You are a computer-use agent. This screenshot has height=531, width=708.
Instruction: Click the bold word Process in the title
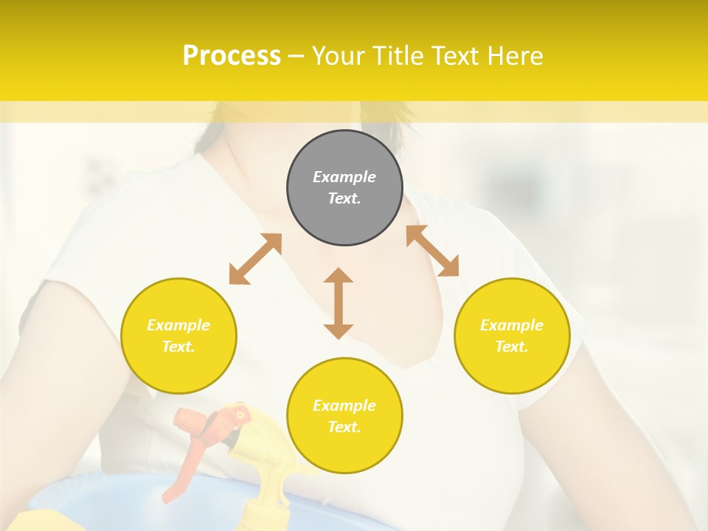(x=232, y=56)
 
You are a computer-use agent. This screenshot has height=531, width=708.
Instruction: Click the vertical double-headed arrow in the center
(x=339, y=303)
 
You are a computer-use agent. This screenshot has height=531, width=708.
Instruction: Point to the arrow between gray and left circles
(x=255, y=259)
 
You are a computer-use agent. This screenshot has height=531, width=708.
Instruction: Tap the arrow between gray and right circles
(x=432, y=251)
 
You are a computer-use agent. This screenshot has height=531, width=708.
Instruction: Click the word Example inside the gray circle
(x=344, y=177)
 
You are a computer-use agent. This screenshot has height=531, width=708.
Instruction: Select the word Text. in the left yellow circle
(x=178, y=347)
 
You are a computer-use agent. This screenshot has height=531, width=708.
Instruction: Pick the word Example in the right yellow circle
(x=512, y=325)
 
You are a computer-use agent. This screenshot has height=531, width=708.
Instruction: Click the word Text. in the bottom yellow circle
(x=344, y=427)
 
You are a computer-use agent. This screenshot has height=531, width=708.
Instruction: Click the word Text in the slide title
(x=453, y=56)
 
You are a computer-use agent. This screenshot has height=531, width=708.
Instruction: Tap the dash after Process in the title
(x=296, y=56)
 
